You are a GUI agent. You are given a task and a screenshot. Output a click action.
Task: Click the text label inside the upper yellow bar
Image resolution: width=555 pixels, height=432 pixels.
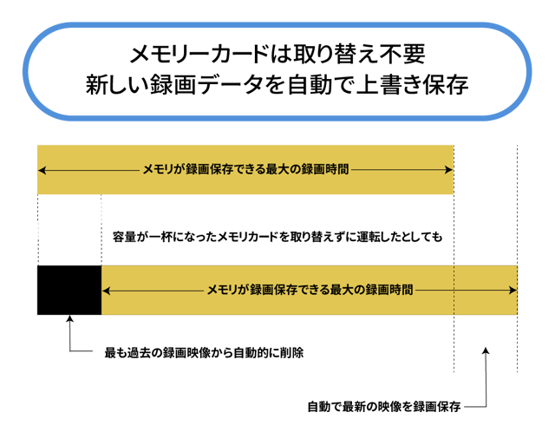[245, 170]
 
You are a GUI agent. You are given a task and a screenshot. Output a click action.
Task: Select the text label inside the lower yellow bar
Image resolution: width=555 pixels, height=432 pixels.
[310, 290]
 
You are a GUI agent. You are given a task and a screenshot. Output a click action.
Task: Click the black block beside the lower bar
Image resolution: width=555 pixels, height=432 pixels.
[69, 290]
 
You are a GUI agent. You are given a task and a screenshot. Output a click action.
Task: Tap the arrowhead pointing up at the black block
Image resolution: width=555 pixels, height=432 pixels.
[69, 322]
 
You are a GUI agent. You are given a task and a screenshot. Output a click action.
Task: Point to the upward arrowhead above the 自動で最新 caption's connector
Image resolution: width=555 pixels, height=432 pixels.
[486, 351]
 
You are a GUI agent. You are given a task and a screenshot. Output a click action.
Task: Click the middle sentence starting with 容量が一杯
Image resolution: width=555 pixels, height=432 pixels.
[277, 236]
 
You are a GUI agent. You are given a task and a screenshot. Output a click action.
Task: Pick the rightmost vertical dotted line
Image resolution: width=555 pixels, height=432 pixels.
[518, 260]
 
